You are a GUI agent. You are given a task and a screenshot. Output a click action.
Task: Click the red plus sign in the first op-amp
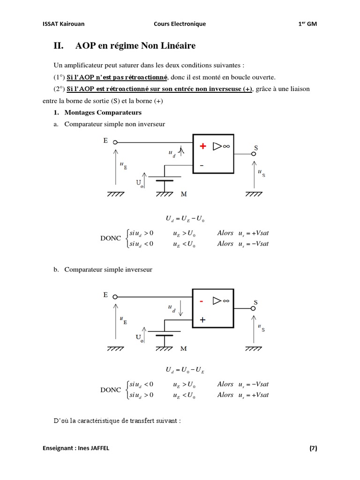point(202,146)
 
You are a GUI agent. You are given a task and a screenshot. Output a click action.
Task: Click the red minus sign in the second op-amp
point(202,301)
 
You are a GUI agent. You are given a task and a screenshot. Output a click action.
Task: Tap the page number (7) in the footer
point(313,448)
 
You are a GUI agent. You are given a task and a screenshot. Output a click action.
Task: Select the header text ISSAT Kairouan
point(64,24)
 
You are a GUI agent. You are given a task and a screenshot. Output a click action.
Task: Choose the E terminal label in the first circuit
point(105,139)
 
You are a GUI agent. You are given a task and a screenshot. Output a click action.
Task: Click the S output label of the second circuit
point(255,302)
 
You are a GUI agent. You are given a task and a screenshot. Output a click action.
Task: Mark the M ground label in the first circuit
point(183,193)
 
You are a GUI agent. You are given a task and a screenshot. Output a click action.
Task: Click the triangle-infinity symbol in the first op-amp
point(221,146)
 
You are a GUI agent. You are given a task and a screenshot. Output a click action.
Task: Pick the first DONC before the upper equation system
point(111,238)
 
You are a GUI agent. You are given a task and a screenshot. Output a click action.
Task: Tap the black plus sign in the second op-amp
point(202,320)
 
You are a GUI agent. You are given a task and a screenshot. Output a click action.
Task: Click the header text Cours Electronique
point(180,24)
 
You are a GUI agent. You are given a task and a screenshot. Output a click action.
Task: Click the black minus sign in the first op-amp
point(202,165)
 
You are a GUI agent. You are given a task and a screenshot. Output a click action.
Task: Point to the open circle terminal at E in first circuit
point(115,142)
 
